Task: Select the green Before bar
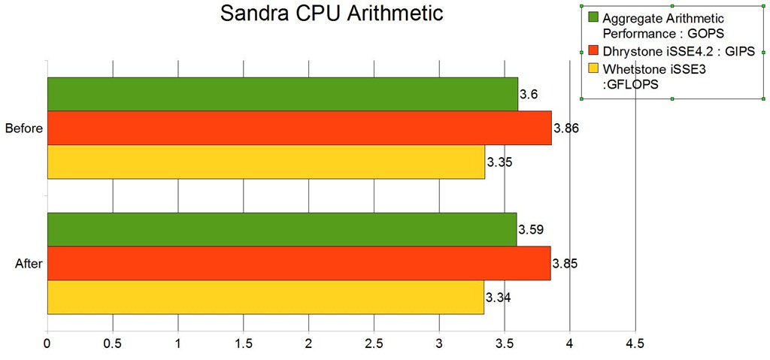[282, 94]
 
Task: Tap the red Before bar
[299, 128]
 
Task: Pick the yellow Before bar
[265, 162]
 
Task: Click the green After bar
[281, 229]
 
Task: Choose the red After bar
[298, 263]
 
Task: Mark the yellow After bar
[265, 297]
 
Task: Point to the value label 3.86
[565, 129]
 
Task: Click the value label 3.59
[531, 229]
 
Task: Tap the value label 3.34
[499, 298]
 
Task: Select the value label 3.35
[499, 162]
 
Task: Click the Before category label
[23, 129]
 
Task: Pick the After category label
[29, 264]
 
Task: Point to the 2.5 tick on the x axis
[374, 344]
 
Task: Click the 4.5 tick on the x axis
[635, 344]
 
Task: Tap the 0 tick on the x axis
[47, 344]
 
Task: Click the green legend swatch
[593, 17]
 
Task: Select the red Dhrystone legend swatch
[593, 51]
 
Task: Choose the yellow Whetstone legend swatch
[593, 69]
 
